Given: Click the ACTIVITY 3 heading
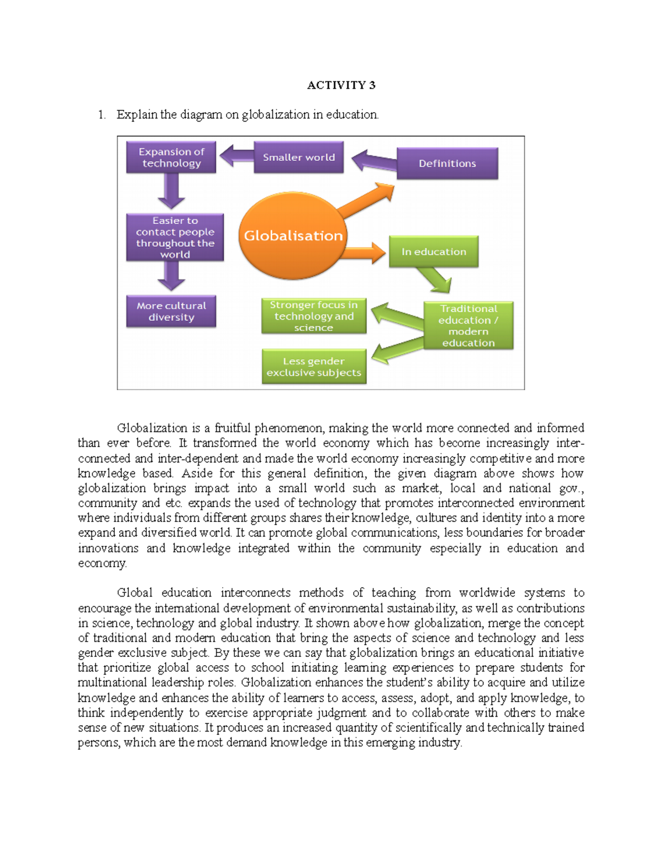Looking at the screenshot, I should point(341,85).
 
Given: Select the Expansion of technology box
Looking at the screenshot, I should point(171,157).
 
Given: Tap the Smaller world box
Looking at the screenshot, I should point(298,157).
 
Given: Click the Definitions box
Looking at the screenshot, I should point(447,164).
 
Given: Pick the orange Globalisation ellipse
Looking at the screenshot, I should point(293,236).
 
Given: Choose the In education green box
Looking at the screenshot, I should point(434,252).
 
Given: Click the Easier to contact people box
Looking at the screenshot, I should point(175,238).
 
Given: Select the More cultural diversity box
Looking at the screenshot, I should point(171,312).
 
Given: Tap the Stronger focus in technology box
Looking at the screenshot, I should point(314,317).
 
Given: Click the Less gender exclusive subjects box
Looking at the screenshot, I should point(314,367).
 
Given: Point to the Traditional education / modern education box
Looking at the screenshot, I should point(469,325).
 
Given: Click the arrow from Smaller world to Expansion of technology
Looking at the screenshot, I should point(236,156).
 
